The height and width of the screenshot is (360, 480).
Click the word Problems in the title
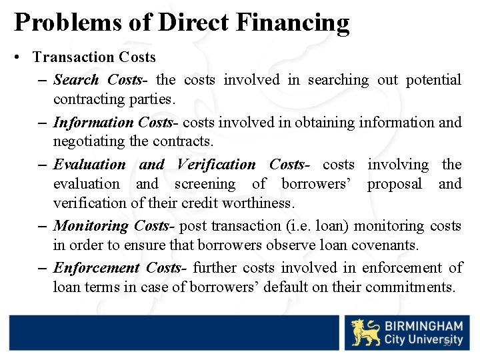tap(67, 23)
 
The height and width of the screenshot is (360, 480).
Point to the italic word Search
tap(76, 80)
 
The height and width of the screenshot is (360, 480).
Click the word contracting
tap(86, 100)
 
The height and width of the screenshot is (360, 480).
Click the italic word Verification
tap(216, 165)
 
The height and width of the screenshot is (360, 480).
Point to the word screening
tap(205, 184)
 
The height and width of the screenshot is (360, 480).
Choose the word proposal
tap(394, 184)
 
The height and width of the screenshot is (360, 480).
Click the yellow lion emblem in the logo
tap(365, 333)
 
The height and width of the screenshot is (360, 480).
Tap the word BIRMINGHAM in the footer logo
tap(423, 327)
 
